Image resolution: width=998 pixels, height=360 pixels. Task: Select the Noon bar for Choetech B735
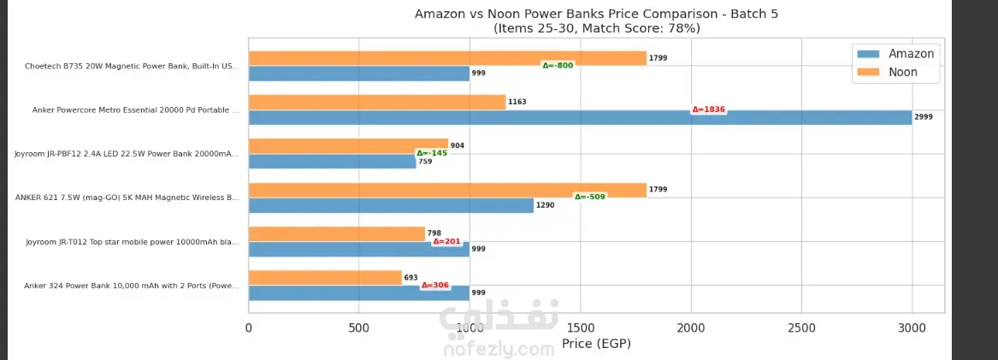pos(447,58)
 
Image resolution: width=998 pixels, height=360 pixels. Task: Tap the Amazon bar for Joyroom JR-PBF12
pos(332,161)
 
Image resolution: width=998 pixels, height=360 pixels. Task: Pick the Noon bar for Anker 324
pos(325,278)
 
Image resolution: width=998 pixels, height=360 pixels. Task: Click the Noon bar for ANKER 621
pos(447,190)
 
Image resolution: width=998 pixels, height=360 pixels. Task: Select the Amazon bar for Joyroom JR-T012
pos(359,249)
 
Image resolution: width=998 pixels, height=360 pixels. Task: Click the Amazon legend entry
pos(896,54)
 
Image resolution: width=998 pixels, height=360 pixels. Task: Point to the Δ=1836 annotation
pos(708,109)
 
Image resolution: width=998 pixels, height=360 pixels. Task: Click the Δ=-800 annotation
pos(558,66)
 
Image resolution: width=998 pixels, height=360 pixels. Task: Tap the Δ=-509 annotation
pos(589,197)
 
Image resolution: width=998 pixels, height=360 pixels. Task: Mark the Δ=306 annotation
pos(434,286)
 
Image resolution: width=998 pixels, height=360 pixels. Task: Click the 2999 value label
pos(924,117)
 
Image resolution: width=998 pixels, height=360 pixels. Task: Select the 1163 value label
pos(517,102)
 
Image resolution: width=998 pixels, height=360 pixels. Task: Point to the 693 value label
pos(410,278)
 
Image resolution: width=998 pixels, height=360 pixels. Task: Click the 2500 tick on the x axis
pos(801,328)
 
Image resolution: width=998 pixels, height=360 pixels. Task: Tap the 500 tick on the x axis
pos(359,328)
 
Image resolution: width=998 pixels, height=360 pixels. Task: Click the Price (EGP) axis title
pos(596,344)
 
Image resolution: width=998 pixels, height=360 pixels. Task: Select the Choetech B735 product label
pos(132,66)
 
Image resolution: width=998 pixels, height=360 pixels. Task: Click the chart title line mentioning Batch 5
pos(596,14)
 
